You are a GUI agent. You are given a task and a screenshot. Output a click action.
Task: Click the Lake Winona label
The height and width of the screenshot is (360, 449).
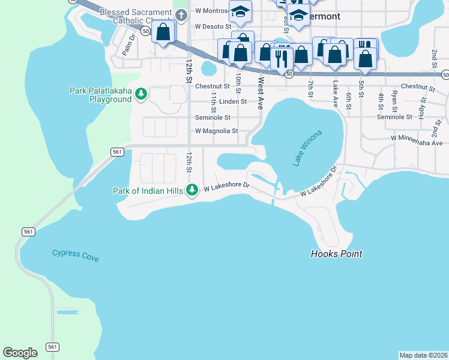tap(308, 148)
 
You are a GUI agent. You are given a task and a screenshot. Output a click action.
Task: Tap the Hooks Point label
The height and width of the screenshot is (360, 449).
tap(336, 254)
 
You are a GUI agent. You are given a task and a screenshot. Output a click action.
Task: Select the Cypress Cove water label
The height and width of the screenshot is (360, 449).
tap(75, 256)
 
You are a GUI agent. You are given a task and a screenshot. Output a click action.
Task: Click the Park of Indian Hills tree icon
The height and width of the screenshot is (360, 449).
tap(191, 190)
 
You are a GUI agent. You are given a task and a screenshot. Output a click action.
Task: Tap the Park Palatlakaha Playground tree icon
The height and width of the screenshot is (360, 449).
tap(141, 93)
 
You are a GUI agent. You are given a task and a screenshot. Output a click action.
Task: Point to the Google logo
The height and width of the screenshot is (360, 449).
tap(20, 353)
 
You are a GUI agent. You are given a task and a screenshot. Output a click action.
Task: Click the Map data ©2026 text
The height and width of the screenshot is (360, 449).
tap(423, 355)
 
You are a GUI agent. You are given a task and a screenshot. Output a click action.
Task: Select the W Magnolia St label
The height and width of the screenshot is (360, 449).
tap(216, 131)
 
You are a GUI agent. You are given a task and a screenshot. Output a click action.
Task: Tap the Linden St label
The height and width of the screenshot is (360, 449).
tap(233, 102)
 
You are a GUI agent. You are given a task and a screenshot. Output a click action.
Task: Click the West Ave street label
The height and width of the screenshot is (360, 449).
tap(261, 88)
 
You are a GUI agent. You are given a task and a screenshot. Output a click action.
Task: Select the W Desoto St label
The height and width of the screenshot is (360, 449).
tap(213, 27)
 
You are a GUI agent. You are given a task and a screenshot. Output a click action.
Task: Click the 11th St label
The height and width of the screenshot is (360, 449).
tap(213, 102)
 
